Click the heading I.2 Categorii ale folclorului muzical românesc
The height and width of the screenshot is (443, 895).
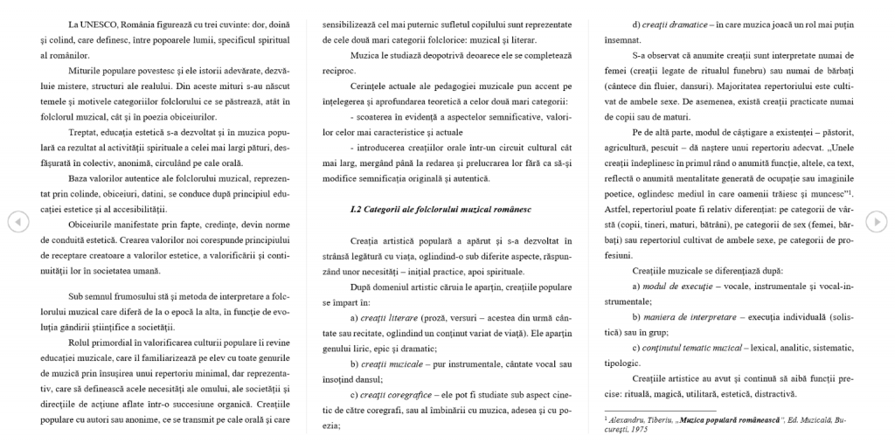434,209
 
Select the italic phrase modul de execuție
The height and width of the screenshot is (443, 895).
679,287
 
